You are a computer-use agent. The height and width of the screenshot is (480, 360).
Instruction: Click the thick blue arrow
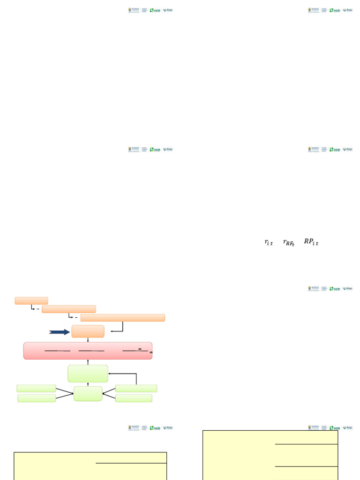(x=60, y=332)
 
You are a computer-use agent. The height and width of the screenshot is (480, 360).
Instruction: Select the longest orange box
(x=122, y=318)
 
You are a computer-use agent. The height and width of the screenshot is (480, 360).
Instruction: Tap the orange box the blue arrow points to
(x=88, y=331)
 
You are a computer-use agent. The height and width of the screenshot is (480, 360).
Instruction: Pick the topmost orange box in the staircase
(x=31, y=300)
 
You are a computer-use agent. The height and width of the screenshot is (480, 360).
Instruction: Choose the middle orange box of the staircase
(x=68, y=309)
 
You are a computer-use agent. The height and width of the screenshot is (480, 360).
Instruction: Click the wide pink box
(x=88, y=351)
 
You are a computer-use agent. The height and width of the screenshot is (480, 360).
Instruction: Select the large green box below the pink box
(x=88, y=374)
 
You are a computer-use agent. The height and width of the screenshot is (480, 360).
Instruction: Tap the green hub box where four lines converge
(x=88, y=394)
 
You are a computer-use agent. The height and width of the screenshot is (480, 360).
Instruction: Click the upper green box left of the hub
(x=36, y=388)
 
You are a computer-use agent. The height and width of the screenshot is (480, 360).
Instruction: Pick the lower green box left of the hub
(x=37, y=398)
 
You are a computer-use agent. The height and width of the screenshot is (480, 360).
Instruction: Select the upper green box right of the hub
(x=136, y=388)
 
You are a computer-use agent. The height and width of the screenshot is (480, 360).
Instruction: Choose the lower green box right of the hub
(x=134, y=398)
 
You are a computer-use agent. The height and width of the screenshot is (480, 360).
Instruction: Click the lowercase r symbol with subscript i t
(x=268, y=242)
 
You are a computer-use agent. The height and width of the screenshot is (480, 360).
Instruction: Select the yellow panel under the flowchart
(x=90, y=466)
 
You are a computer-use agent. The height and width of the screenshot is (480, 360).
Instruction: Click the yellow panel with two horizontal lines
(x=270, y=455)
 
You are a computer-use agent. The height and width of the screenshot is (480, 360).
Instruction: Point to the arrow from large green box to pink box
(x=88, y=362)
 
